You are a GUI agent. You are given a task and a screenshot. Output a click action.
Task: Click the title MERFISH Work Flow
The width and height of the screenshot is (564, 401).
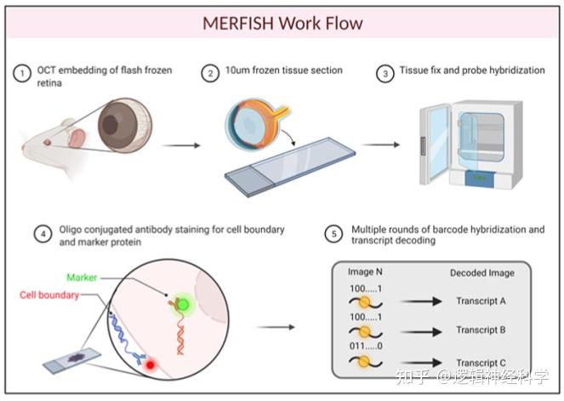coord(282,23)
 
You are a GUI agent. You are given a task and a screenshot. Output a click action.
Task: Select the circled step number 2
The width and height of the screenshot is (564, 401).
coord(210,73)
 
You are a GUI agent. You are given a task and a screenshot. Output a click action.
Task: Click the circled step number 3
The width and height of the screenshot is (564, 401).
coord(385,73)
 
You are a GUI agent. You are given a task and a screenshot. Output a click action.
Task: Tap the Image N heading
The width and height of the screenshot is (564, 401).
coord(368,273)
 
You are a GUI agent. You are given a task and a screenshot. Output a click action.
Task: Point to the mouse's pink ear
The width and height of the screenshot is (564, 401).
coord(77,138)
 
